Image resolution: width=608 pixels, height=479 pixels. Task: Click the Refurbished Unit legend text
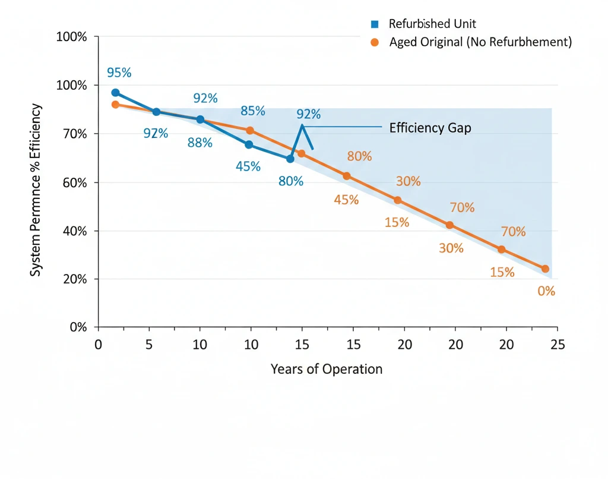[x=432, y=24]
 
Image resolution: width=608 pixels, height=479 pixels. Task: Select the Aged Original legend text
[x=480, y=42]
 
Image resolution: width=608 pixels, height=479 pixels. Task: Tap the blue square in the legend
[x=374, y=24]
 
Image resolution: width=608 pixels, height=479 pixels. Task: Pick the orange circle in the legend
[x=374, y=42]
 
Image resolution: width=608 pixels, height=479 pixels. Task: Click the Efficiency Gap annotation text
[x=430, y=128]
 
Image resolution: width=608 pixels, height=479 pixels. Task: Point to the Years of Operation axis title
[x=326, y=369]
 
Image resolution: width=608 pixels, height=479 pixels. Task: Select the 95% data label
[x=119, y=73]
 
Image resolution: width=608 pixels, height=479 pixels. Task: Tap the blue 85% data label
[x=252, y=111]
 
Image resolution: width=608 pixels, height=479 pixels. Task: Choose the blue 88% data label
[x=199, y=143]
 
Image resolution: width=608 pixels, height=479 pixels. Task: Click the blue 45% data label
[x=248, y=166]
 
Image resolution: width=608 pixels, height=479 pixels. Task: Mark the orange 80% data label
[x=359, y=157]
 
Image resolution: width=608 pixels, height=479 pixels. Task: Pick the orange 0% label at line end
[x=546, y=291]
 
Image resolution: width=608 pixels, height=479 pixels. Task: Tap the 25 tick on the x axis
[x=557, y=345]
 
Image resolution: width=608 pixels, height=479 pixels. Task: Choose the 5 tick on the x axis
[x=149, y=345]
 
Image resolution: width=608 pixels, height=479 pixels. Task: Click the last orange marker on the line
[x=545, y=269]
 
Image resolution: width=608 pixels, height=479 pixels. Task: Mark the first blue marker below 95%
[x=115, y=93]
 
